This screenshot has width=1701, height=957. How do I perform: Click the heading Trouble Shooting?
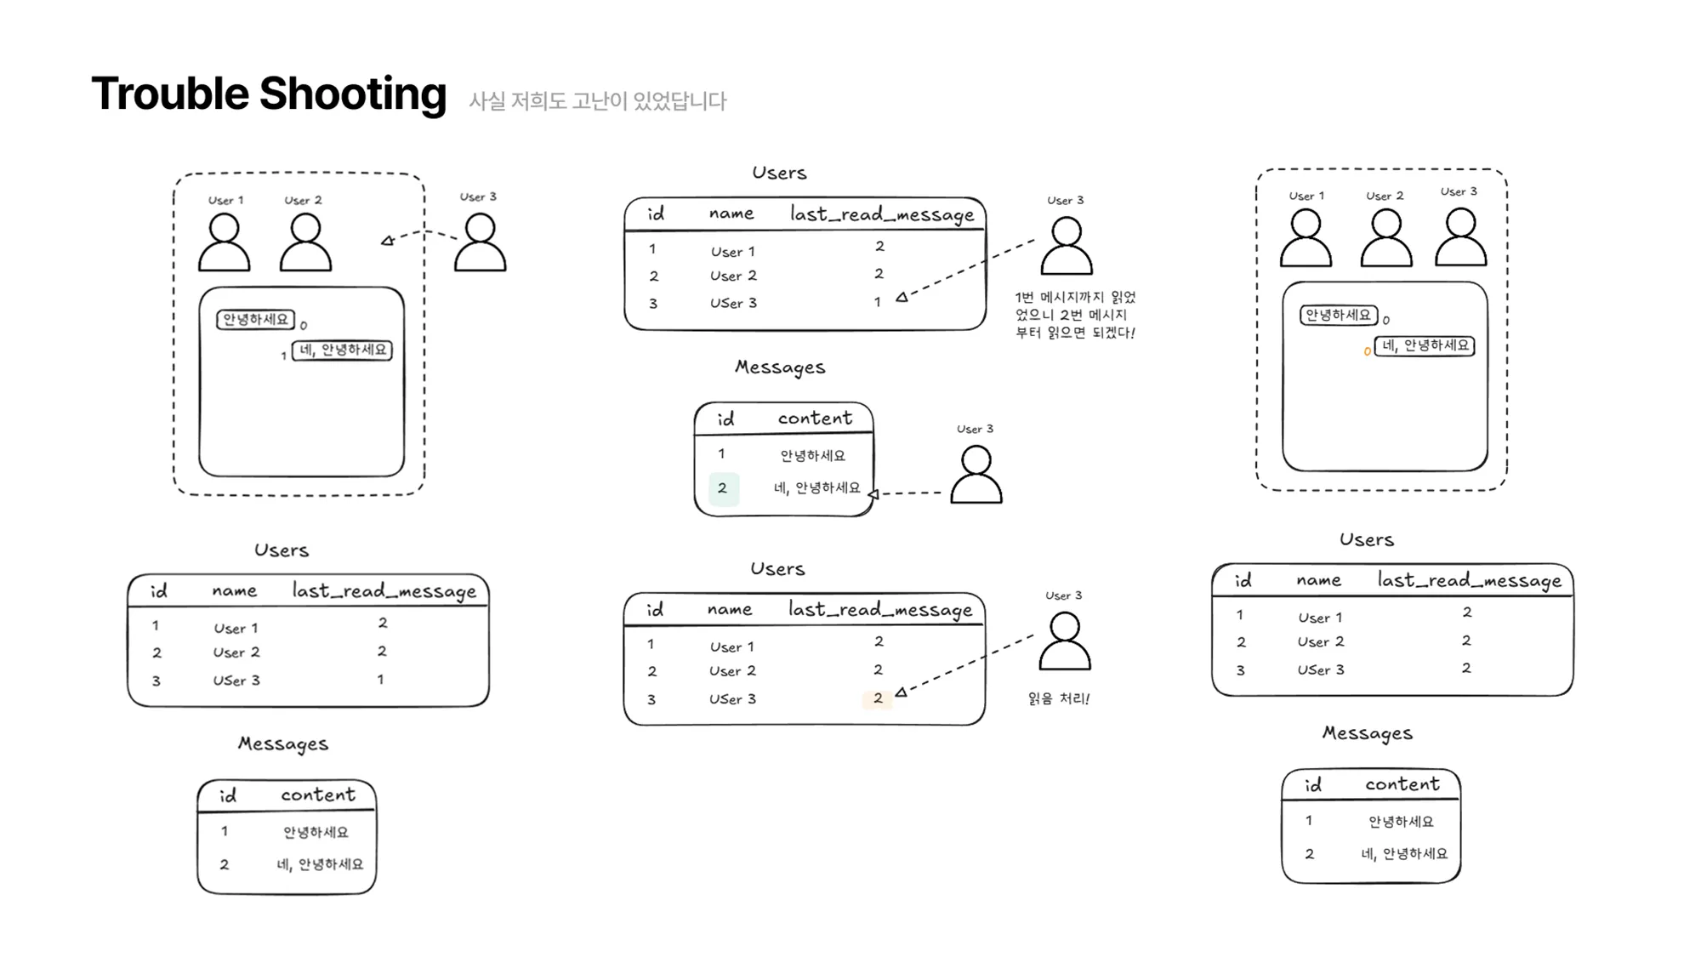(x=269, y=94)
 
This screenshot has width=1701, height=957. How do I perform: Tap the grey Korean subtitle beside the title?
(x=598, y=100)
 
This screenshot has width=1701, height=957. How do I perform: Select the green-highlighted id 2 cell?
(x=723, y=488)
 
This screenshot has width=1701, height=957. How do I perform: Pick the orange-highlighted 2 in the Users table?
(x=878, y=698)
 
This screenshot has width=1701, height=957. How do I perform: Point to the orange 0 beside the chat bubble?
(x=1367, y=350)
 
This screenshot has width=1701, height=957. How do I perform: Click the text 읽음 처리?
(x=1059, y=698)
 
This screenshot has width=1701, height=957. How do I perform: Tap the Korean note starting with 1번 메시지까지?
(x=1075, y=315)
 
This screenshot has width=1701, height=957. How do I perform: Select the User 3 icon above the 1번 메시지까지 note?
(x=1067, y=246)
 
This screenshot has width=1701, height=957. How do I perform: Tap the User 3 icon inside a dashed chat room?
(x=1460, y=237)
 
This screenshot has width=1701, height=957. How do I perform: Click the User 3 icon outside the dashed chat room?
(x=480, y=242)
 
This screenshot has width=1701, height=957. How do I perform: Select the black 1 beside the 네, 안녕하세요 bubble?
(x=283, y=356)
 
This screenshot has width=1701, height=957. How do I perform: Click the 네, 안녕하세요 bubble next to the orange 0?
(x=1425, y=345)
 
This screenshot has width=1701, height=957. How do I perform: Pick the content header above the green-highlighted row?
(x=815, y=418)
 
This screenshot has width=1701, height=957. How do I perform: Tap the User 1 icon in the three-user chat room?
(x=1306, y=238)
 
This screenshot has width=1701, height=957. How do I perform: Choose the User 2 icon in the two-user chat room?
(x=305, y=242)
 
